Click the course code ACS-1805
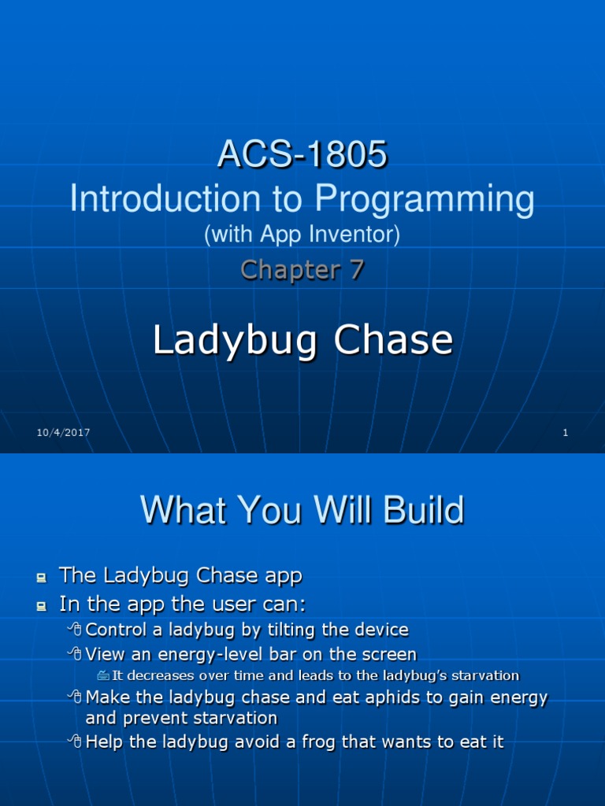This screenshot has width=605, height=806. coord(302,155)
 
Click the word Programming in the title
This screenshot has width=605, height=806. coord(425,199)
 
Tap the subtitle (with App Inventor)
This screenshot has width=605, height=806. coord(302,235)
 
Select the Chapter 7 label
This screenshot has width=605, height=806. coord(302,270)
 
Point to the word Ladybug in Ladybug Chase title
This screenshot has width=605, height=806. coord(234,341)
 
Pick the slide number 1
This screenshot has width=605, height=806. coord(566,432)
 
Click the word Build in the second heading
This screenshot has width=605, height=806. coord(418,511)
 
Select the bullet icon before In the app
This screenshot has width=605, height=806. coord(41,607)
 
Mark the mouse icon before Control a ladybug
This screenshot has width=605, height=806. coord(75,630)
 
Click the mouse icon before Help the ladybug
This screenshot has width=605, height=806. coord(75,741)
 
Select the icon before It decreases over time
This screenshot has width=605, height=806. coord(104,676)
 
